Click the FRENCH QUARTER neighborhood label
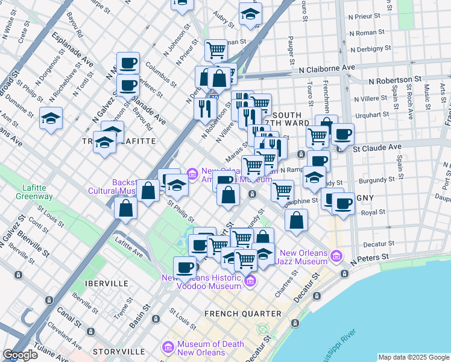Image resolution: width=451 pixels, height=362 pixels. pyautogui.click(x=242, y=314)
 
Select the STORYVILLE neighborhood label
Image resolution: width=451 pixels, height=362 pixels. pyautogui.click(x=118, y=351)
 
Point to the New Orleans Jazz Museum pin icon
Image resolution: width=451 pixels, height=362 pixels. pyautogui.click(x=336, y=256)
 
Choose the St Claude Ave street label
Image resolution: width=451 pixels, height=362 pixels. pyautogui.click(x=377, y=147)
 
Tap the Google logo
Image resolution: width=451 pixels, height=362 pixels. pyautogui.click(x=20, y=355)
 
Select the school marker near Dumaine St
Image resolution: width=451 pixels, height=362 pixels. pyautogui.click(x=51, y=118)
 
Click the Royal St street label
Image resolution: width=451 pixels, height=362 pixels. pyautogui.click(x=373, y=212)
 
